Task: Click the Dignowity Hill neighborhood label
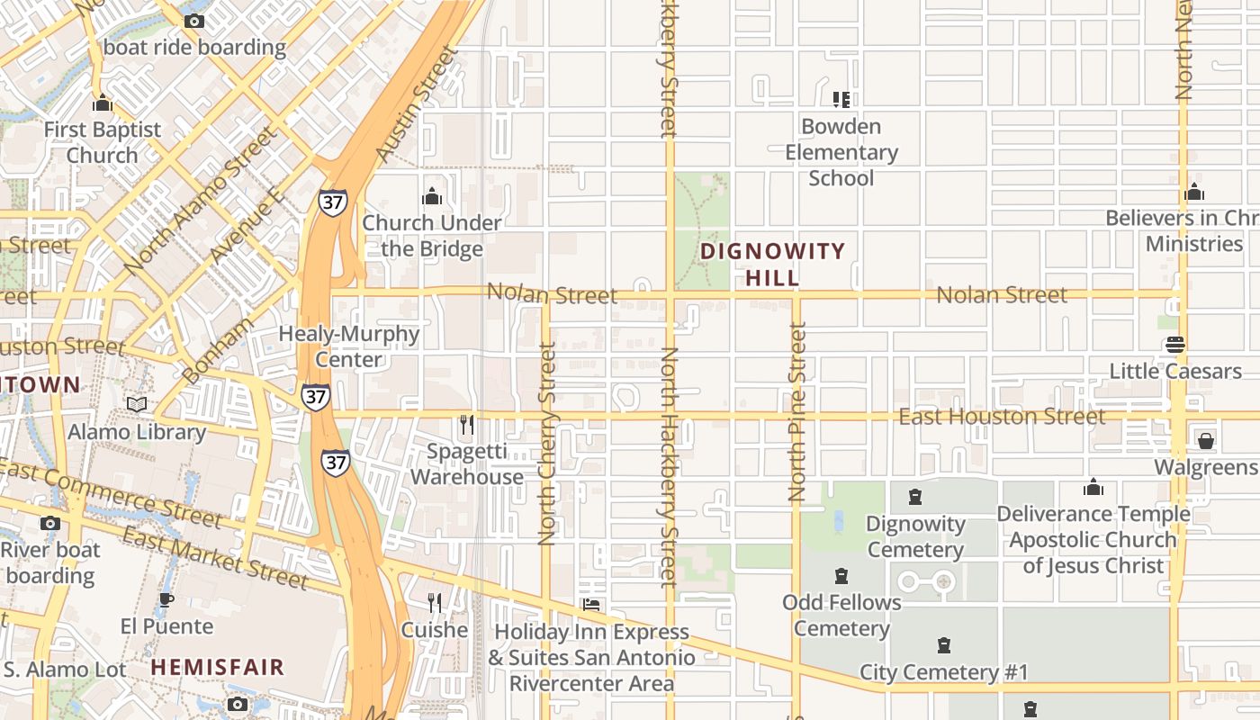pyautogui.click(x=772, y=264)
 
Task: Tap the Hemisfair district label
pyautogui.click(x=217, y=667)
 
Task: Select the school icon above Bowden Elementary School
pyautogui.click(x=841, y=99)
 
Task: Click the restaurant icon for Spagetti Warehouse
pyautogui.click(x=466, y=424)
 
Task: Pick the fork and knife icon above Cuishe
pyautogui.click(x=435, y=602)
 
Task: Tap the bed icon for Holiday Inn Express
pyautogui.click(x=591, y=605)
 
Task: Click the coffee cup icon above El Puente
pyautogui.click(x=166, y=599)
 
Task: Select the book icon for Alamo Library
pyautogui.click(x=137, y=405)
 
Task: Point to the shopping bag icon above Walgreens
pyautogui.click(x=1205, y=440)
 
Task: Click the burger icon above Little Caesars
pyautogui.click(x=1174, y=344)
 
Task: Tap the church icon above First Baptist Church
pyautogui.click(x=102, y=103)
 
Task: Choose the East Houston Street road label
pyautogui.click(x=1002, y=416)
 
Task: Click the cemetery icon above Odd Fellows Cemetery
pyautogui.click(x=841, y=575)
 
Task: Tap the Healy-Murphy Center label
pyautogui.click(x=349, y=346)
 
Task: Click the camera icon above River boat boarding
pyautogui.click(x=50, y=523)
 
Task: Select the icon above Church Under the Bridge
pyautogui.click(x=432, y=196)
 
